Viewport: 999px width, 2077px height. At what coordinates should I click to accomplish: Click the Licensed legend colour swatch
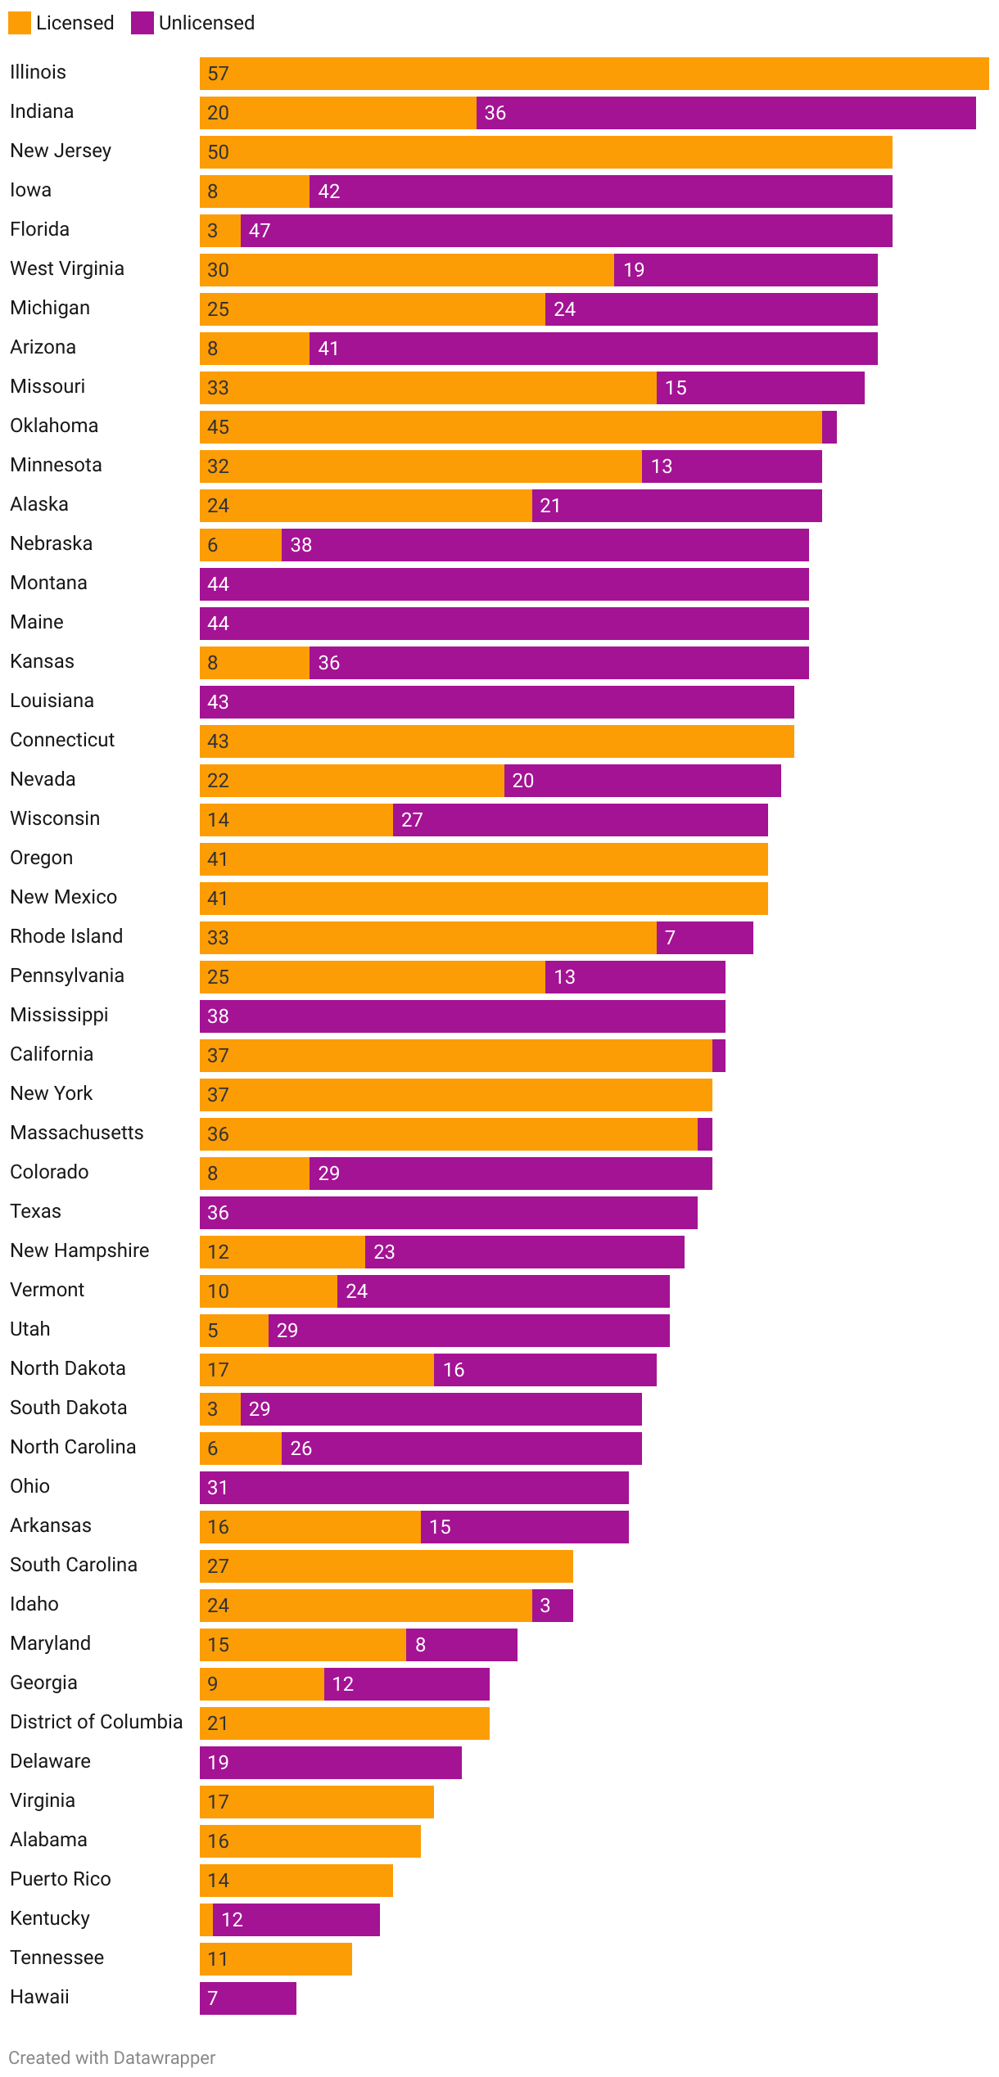point(20,23)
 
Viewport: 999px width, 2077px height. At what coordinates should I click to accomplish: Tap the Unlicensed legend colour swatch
point(142,23)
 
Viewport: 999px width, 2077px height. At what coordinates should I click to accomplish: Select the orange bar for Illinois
point(594,74)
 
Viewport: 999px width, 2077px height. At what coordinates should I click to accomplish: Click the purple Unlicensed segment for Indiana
point(726,113)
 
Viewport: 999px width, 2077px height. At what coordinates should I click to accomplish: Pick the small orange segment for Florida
point(219,231)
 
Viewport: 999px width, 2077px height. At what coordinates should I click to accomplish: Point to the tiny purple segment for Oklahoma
point(829,427)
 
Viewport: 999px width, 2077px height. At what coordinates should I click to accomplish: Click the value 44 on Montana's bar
point(218,584)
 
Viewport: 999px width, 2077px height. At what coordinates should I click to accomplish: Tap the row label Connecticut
point(62,740)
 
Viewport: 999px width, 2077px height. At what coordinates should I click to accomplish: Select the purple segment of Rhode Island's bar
point(704,938)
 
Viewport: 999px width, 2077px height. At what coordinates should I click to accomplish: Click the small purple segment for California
point(719,1056)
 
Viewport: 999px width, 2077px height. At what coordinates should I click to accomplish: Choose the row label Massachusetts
point(77,1133)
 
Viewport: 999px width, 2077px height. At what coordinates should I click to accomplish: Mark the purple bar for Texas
point(449,1213)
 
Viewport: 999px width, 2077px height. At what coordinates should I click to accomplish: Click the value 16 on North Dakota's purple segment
point(454,1370)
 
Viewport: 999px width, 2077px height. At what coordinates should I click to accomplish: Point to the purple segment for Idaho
point(553,1606)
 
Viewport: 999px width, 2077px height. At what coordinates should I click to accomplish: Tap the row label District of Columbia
point(96,1722)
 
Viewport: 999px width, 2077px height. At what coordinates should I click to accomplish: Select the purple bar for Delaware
point(331,1763)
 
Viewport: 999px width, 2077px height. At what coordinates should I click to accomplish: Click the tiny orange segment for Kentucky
point(206,1920)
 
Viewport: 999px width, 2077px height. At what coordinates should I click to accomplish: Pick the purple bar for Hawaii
point(248,1998)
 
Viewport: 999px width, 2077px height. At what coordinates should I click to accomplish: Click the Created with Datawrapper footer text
point(112,2057)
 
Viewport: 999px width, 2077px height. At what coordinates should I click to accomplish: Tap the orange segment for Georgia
point(262,1684)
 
